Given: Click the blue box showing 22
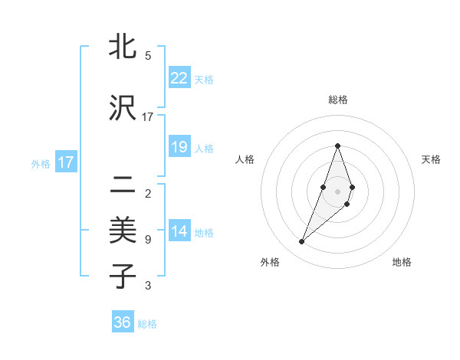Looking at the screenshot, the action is point(179,77).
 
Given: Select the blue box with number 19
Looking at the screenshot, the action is point(179,147).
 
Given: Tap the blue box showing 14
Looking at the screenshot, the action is point(179,231).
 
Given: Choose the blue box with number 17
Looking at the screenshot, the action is point(65,162).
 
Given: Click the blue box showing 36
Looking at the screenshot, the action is point(122,322).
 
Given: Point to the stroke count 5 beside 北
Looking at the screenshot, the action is point(148,56).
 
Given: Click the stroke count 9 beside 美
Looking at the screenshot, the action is point(148,240).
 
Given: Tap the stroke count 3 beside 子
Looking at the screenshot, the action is point(148,286).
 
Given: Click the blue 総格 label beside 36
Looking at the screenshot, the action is point(147,324).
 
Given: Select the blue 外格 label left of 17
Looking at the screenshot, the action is point(41,164).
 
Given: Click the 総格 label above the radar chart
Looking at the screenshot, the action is point(337,100).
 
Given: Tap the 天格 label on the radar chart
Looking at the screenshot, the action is point(432,159).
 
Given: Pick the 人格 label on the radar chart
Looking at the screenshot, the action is point(245,159).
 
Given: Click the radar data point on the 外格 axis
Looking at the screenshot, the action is point(302,242).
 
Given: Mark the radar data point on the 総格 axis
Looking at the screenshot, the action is point(337,146).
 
